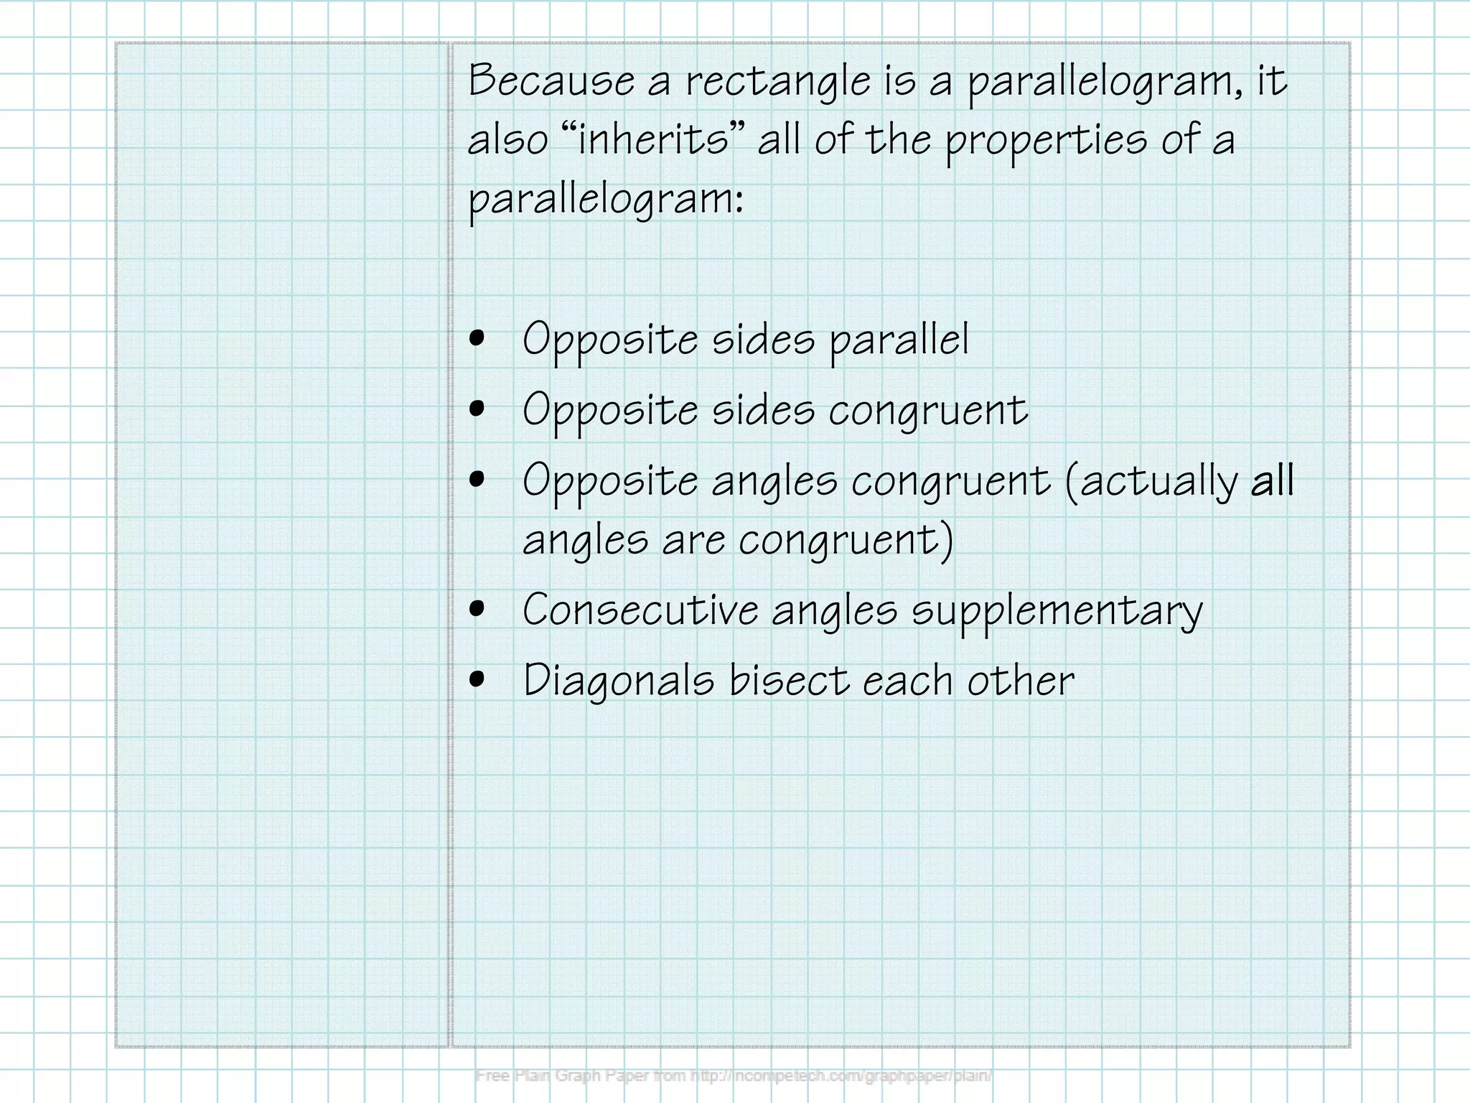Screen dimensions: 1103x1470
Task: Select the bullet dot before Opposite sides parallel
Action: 477,339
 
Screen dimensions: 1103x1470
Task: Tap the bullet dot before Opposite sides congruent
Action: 477,409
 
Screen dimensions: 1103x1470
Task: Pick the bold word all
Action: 1272,480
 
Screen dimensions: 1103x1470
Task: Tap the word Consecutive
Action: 640,610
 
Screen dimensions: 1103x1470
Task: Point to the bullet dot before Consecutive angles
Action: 477,610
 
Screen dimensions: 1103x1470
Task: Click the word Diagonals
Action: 619,681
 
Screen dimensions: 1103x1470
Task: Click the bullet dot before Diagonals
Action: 477,679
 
